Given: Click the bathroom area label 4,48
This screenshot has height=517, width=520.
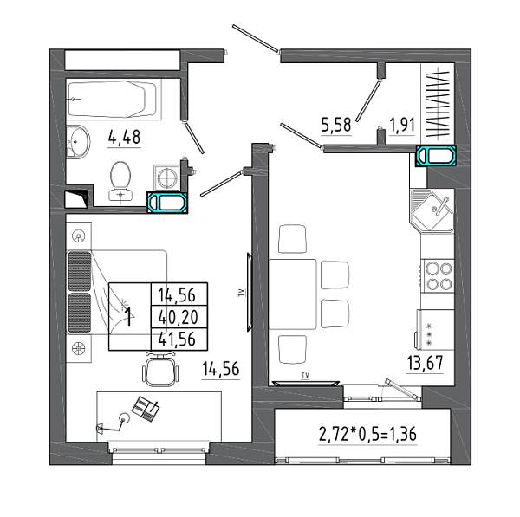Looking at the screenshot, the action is pyautogui.click(x=124, y=137).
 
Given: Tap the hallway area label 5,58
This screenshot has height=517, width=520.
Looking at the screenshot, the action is pyautogui.click(x=336, y=125).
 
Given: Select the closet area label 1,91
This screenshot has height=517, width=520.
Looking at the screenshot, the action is pyautogui.click(x=402, y=126).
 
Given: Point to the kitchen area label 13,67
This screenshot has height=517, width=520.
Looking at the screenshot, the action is pyautogui.click(x=425, y=363).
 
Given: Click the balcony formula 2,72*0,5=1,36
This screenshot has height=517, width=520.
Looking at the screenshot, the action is pyautogui.click(x=367, y=435).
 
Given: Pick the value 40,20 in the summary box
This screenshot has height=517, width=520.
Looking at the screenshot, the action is pyautogui.click(x=178, y=318).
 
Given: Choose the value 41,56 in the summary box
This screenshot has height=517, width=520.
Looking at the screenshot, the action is pyautogui.click(x=177, y=339).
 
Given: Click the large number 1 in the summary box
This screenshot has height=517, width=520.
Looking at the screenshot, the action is pyautogui.click(x=129, y=316).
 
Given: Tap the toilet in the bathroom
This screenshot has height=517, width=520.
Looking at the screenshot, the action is pyautogui.click(x=120, y=181).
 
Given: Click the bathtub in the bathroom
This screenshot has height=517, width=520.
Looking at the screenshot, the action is pyautogui.click(x=113, y=99).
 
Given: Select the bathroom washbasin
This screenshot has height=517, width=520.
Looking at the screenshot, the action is pyautogui.click(x=78, y=142).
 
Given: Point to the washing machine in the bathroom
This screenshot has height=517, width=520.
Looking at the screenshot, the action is pyautogui.click(x=167, y=178).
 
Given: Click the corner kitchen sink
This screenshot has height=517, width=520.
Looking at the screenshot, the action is pyautogui.click(x=432, y=210).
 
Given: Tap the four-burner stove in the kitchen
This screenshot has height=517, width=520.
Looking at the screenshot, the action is pyautogui.click(x=437, y=276).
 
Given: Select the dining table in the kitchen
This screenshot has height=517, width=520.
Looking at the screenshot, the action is pyautogui.click(x=293, y=294).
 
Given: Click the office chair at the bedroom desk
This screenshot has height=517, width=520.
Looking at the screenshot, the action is pyautogui.click(x=160, y=370).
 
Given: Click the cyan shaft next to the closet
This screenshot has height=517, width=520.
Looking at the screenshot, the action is pyautogui.click(x=436, y=156).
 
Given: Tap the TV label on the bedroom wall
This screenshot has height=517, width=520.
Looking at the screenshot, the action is pyautogui.click(x=242, y=293).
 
